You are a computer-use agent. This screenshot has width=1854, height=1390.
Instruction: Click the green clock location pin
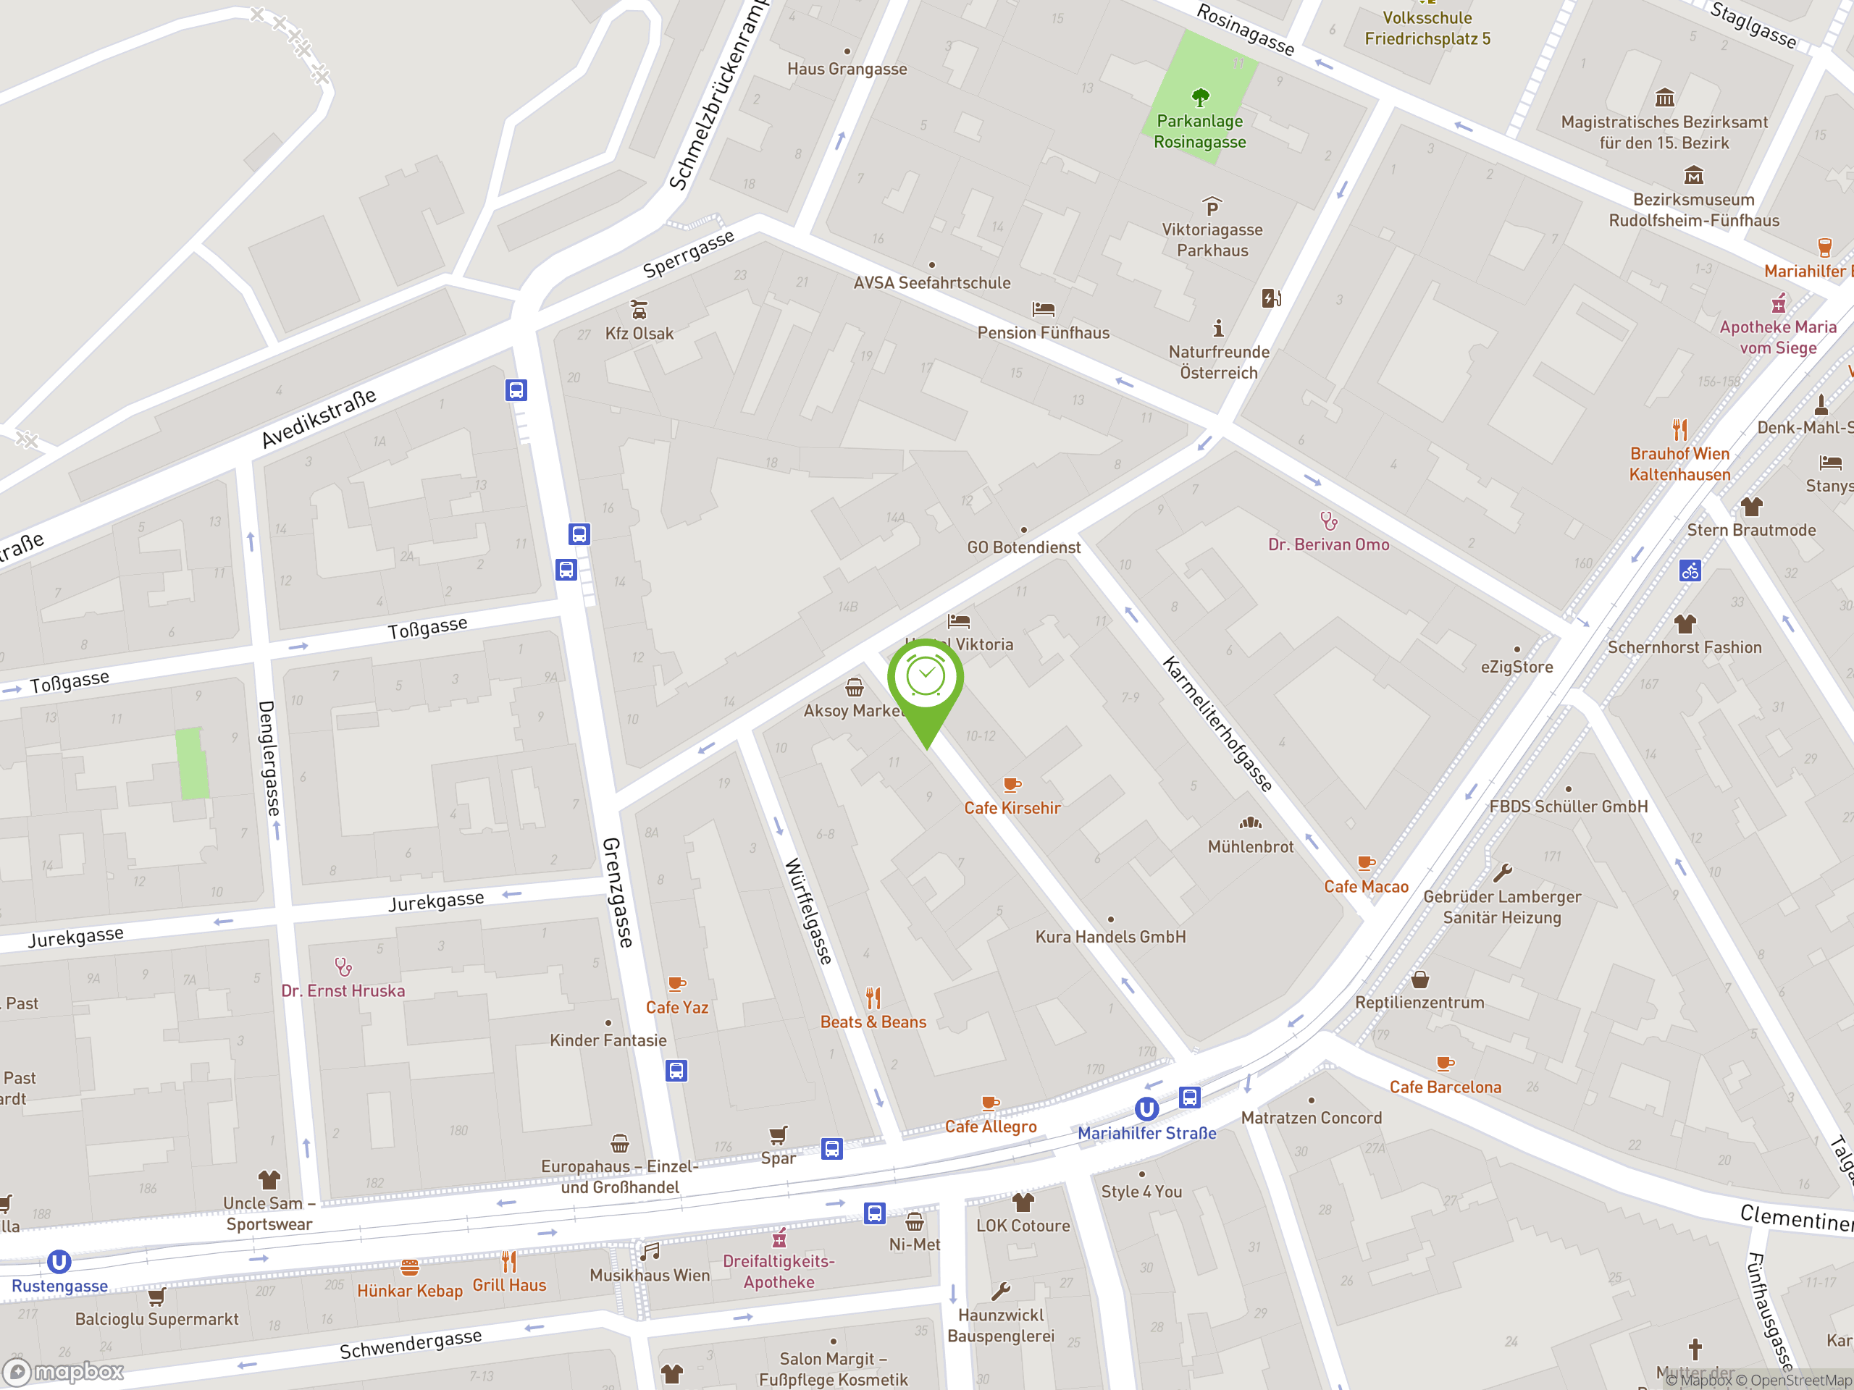(x=926, y=678)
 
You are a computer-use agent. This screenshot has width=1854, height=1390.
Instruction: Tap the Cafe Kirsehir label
(x=1012, y=809)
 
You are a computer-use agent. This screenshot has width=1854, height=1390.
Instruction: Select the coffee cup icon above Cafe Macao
(x=1365, y=863)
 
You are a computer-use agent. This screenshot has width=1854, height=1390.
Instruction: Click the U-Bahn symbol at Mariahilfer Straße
(x=1146, y=1109)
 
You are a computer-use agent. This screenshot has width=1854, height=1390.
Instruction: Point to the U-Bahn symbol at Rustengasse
(x=59, y=1262)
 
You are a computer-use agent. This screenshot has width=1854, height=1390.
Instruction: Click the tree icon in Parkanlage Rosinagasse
(x=1200, y=98)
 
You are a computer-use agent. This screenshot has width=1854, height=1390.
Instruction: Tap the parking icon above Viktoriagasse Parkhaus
(x=1212, y=206)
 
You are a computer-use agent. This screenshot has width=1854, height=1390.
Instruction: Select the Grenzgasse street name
(x=618, y=893)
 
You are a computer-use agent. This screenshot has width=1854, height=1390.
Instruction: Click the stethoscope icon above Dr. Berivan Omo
(x=1328, y=521)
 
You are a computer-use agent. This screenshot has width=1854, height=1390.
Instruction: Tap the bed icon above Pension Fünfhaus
(x=1043, y=309)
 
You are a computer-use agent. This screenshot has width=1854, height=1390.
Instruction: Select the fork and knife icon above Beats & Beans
(x=873, y=998)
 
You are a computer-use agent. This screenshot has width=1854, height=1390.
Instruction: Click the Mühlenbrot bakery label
(x=1251, y=847)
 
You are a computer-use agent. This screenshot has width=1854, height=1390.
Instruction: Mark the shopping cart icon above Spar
(x=778, y=1135)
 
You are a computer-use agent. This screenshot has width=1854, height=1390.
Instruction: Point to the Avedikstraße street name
(x=319, y=418)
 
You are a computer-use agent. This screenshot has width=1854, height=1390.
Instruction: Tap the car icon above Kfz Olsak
(x=639, y=309)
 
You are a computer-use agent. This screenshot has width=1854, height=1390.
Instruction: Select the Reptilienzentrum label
(x=1419, y=1003)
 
